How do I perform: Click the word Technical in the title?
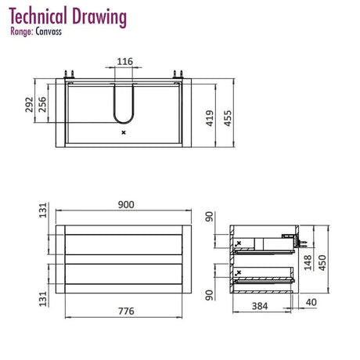coord(38,16)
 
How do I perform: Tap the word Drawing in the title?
coord(99,17)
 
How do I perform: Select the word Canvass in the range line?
coord(49,31)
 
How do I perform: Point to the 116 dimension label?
coord(124,62)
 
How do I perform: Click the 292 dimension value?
coord(29,105)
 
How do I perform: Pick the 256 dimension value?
coord(42,105)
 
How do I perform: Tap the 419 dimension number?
coord(210,118)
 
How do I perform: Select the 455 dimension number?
coord(228,118)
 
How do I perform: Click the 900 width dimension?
coord(126,205)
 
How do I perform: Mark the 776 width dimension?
coord(126,311)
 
